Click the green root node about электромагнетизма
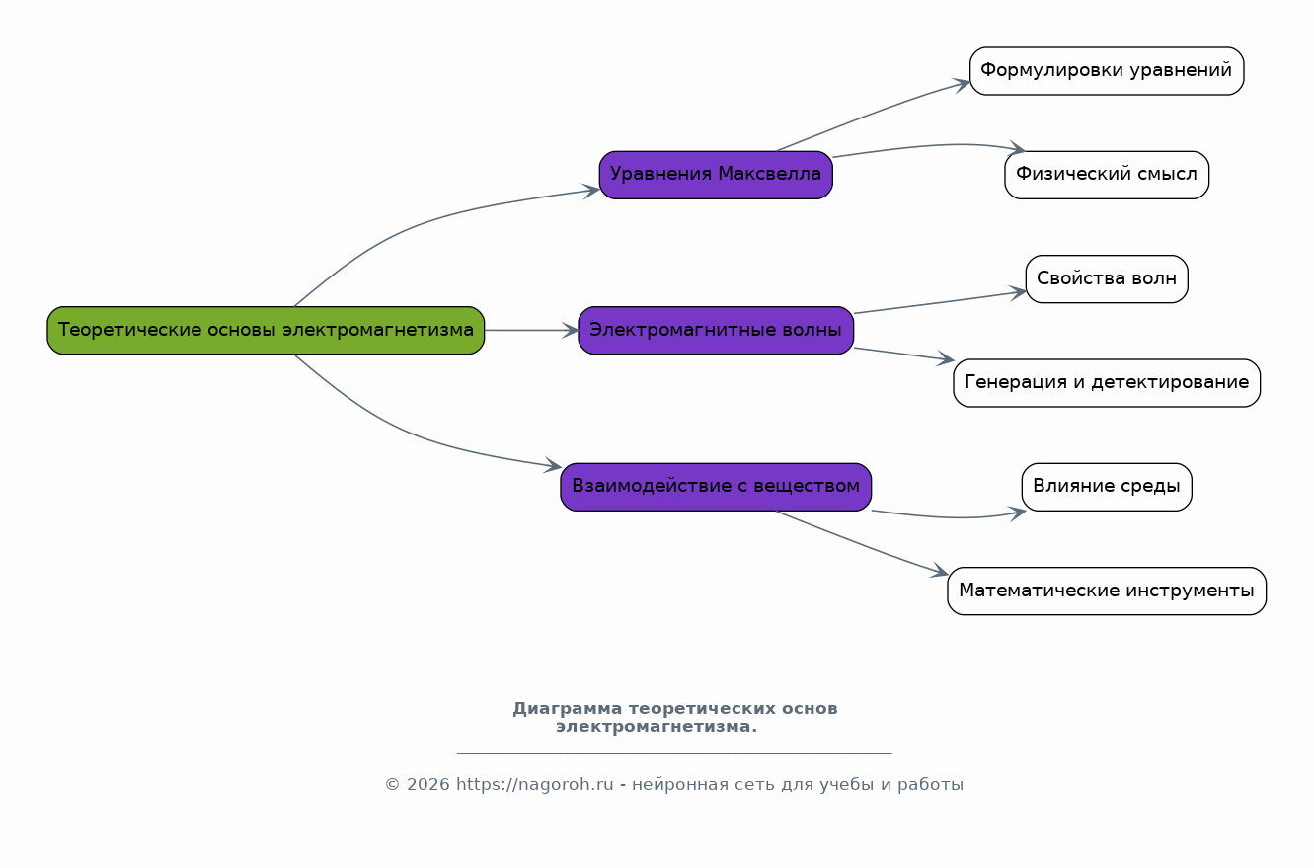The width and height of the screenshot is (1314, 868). tap(266, 330)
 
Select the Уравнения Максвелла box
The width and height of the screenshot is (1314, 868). tap(716, 175)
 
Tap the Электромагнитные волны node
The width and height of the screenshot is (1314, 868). tap(716, 330)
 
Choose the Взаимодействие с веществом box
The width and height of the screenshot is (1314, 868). tap(716, 486)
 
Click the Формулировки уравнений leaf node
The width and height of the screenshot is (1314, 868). tap(1106, 71)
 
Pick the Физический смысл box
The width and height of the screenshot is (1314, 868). tap(1106, 175)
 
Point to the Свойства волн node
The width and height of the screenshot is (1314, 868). tap(1106, 278)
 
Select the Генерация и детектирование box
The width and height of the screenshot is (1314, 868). tap(1106, 382)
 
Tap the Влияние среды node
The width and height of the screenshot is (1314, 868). tap(1106, 486)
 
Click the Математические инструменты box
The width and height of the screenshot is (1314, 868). tap(1106, 591)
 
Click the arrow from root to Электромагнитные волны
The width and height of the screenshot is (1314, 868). tap(531, 330)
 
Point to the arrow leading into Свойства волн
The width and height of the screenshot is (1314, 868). tap(938, 302)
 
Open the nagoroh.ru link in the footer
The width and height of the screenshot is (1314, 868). tap(534, 785)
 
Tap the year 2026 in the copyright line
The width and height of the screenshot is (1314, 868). tap(426, 785)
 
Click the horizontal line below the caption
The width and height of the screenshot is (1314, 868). tap(674, 753)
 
